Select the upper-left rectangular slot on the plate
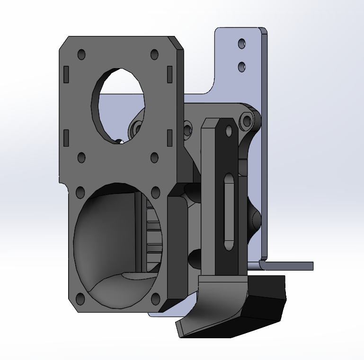tap(66, 73)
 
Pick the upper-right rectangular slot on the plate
tap(169, 73)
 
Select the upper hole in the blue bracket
tap(242, 44)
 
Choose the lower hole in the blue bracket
tap(242, 66)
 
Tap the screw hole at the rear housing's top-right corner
tap(246, 122)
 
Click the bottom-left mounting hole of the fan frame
tap(80, 299)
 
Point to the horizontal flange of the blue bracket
tap(289, 266)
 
